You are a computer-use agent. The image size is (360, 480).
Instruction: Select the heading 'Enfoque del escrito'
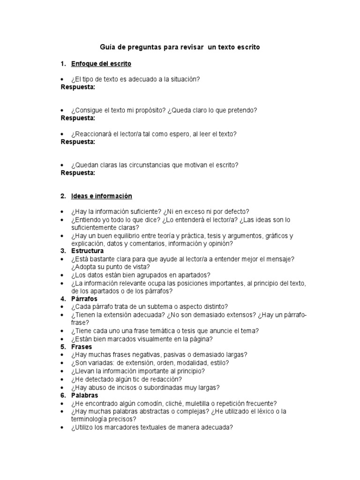[x=101, y=63]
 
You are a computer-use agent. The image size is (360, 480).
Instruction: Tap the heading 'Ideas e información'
[x=102, y=196]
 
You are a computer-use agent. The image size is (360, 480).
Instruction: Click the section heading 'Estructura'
[x=88, y=251]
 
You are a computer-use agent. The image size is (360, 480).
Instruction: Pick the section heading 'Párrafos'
[x=84, y=298]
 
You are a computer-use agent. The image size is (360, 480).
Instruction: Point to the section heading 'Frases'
[x=82, y=346]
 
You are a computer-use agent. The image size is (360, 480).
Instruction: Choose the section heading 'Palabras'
[x=85, y=395]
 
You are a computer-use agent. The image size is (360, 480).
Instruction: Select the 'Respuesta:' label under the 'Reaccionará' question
[x=78, y=141]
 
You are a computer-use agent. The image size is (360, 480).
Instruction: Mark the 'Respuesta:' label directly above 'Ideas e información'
[x=78, y=172]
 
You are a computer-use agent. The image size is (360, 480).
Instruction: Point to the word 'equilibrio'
[x=126, y=235]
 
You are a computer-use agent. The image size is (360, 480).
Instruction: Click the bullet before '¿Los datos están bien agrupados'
[x=63, y=275]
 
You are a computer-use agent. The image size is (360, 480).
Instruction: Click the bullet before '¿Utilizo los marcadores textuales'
[x=63, y=427]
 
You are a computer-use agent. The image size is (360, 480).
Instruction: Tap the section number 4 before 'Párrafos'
[x=62, y=298]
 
